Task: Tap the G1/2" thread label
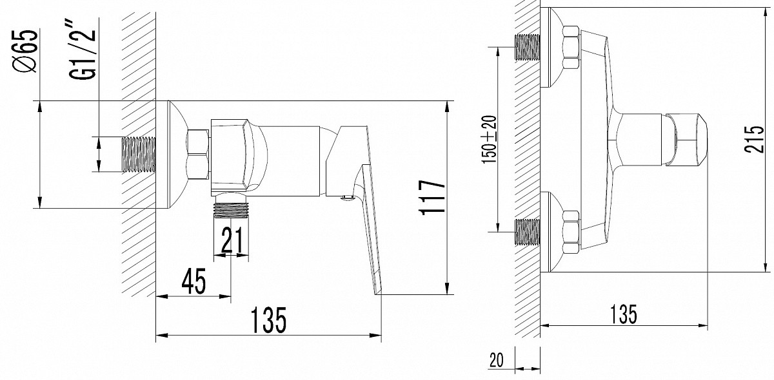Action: coord(83,50)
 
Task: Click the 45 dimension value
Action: coord(194,281)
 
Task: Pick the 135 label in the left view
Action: coord(268,320)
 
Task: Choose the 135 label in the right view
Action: coord(623,314)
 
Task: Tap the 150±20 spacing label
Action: coord(489,139)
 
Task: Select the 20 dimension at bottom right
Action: coord(496,360)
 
